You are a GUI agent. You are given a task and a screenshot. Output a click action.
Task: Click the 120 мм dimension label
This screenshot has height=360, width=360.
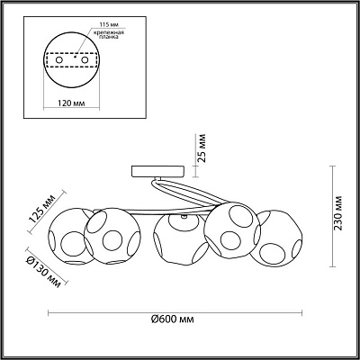click(71, 103)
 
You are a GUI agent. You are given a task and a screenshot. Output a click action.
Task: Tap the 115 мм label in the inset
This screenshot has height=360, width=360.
click(107, 24)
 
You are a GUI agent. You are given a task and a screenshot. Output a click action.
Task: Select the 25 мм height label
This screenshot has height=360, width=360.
click(203, 148)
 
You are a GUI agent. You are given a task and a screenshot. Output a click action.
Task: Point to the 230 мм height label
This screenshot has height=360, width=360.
click(338, 213)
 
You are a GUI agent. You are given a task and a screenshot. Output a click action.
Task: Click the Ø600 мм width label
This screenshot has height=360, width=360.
click(173, 319)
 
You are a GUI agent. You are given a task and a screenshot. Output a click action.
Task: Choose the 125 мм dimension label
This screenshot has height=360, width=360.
click(41, 208)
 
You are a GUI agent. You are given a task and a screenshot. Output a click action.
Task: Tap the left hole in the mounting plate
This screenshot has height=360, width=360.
click(59, 60)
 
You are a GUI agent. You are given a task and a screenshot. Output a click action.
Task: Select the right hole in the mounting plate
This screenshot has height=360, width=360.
click(85, 60)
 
